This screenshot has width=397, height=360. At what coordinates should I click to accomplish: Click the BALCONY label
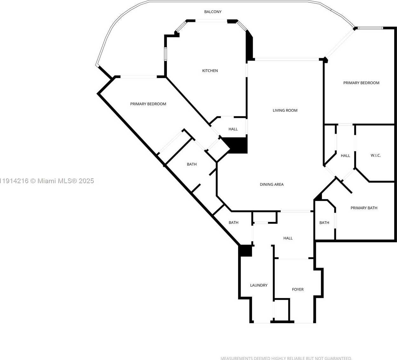tap(213, 12)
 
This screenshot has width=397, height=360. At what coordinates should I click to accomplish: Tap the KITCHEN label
tap(210, 71)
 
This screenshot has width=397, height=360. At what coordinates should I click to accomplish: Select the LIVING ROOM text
tap(285, 110)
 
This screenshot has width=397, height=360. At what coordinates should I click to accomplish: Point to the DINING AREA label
tap(272, 184)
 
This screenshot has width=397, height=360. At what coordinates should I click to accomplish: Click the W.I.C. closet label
tap(376, 156)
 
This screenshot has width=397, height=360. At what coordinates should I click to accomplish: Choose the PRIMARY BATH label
tap(364, 208)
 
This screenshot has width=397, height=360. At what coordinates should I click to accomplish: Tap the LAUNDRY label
tap(259, 285)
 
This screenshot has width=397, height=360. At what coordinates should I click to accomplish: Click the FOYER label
tap(298, 290)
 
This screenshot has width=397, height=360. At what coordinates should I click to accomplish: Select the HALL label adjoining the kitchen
tap(233, 129)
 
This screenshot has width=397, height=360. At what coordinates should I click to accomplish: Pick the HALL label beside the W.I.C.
tap(346, 156)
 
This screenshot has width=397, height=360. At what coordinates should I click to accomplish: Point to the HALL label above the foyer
tap(288, 238)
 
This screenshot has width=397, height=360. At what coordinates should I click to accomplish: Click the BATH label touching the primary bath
tap(324, 223)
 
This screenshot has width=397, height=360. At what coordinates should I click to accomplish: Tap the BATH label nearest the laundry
tap(234, 223)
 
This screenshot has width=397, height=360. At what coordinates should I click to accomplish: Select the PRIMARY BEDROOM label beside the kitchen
tap(148, 104)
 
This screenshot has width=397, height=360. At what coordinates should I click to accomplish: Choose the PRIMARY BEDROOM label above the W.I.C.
tap(361, 83)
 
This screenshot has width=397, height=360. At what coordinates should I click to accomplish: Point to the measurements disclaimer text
tap(286, 358)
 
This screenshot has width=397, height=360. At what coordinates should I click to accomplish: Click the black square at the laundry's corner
tap(245, 251)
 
